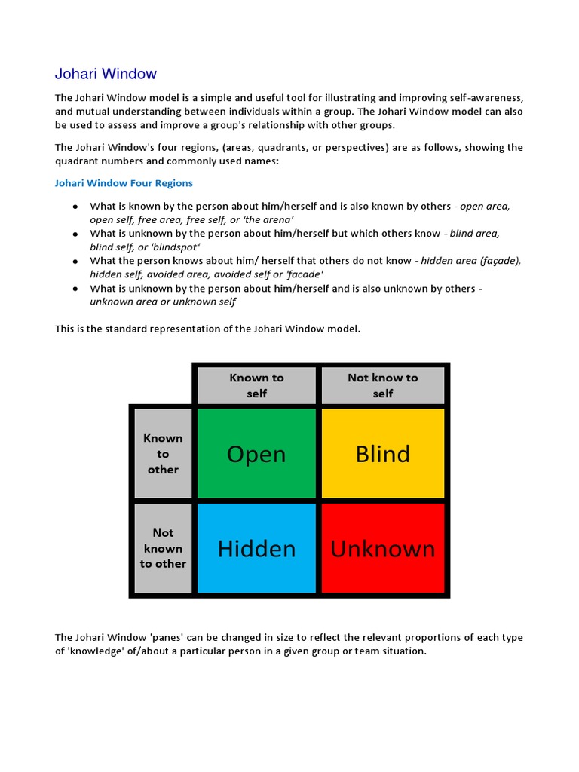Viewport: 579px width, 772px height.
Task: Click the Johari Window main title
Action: pos(106,74)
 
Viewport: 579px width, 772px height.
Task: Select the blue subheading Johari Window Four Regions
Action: pos(124,183)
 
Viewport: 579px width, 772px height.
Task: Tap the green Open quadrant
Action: pos(256,454)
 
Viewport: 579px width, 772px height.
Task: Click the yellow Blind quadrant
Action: pos(383,454)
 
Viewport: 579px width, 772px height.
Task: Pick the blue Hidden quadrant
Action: pos(256,548)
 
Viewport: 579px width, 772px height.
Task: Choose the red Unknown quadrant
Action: pos(383,548)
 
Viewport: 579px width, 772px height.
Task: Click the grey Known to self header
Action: pos(256,385)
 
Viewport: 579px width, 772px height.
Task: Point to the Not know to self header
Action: pos(383,385)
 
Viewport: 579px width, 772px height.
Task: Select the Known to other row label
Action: pos(163,453)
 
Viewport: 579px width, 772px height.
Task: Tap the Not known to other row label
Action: pos(163,548)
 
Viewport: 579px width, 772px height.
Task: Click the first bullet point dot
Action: pos(75,207)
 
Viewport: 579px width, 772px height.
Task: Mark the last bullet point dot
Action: pos(75,289)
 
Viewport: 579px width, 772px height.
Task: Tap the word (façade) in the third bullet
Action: pos(500,261)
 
